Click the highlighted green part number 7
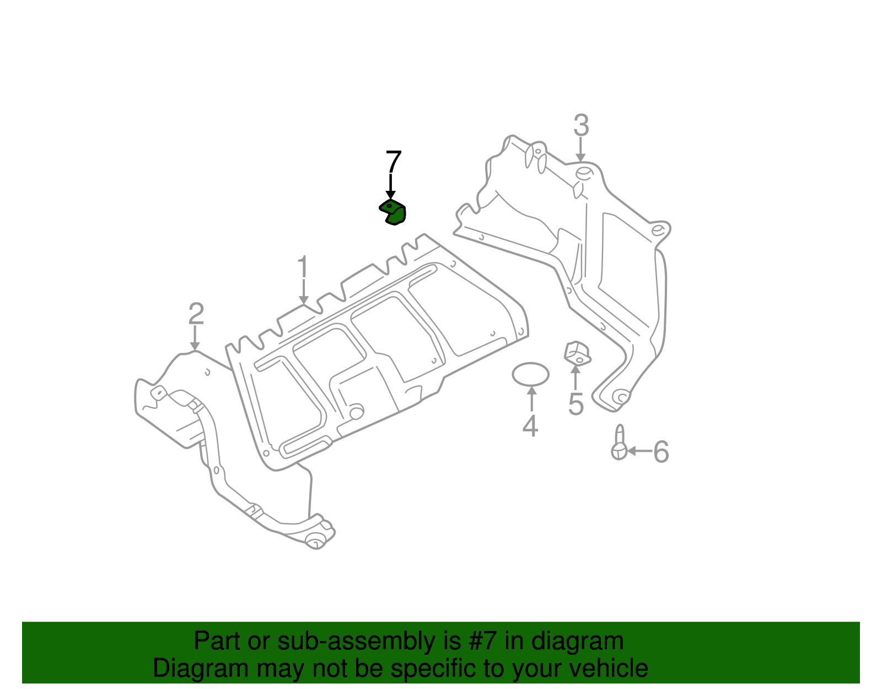point(393,212)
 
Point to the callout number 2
point(196,314)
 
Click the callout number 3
point(581,126)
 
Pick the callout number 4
point(530,426)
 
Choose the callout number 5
point(576,404)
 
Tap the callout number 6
point(660,452)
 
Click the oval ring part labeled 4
point(530,375)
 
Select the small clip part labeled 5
point(577,353)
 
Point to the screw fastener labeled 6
point(619,443)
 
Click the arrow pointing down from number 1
point(303,292)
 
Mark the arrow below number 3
point(580,150)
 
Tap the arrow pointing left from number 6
point(639,451)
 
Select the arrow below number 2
point(195,338)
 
